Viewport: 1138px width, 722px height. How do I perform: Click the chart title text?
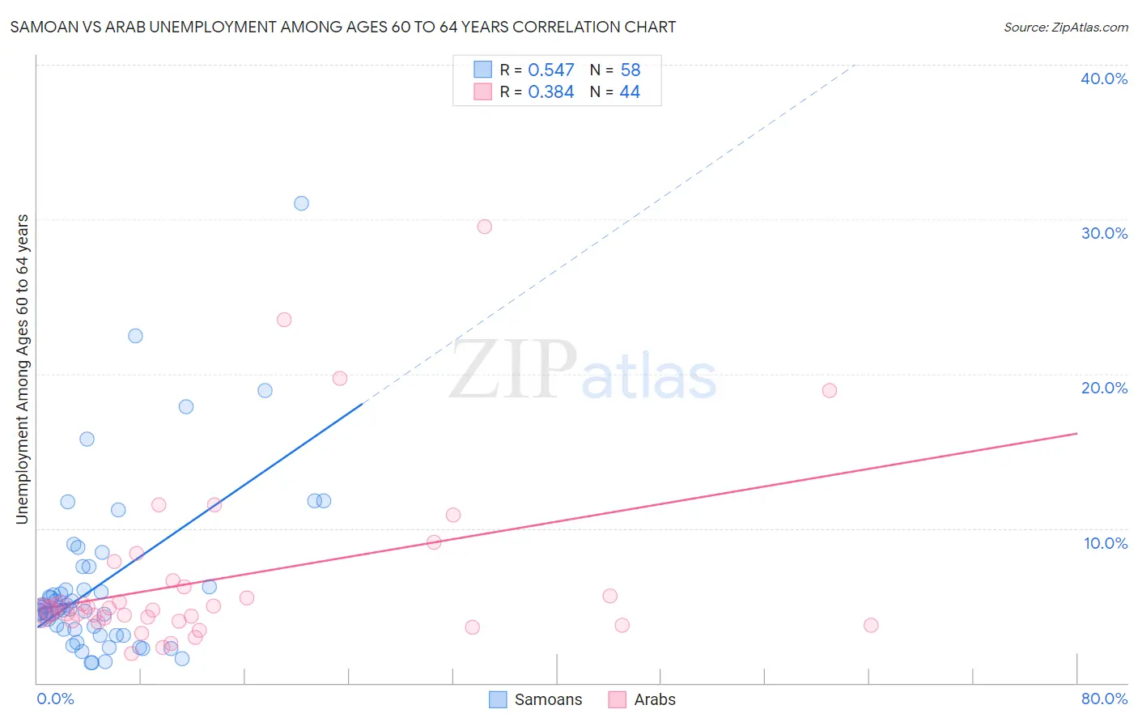(342, 27)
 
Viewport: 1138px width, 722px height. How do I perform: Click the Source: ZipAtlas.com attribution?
(1065, 28)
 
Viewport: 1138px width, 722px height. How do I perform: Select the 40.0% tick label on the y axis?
(1104, 79)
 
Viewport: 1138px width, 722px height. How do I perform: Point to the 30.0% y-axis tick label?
(1104, 233)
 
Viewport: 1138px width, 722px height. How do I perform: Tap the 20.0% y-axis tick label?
(1104, 388)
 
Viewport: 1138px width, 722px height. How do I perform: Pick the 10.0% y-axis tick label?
(1106, 543)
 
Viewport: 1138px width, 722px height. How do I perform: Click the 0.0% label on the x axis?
(55, 699)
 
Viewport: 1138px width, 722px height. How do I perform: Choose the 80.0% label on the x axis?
(1104, 699)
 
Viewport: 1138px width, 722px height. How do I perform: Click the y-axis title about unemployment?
(23, 369)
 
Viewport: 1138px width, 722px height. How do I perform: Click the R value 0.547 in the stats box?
(551, 70)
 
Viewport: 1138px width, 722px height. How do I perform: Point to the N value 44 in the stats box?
(630, 92)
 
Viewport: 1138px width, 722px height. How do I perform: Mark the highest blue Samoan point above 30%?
(301, 203)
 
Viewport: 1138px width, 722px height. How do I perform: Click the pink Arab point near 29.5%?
(484, 227)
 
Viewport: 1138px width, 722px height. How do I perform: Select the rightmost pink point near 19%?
(829, 390)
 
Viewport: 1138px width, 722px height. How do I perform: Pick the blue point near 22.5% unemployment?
(135, 336)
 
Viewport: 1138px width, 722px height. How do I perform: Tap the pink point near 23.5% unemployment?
(284, 320)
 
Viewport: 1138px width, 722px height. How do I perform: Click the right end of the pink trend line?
(1076, 434)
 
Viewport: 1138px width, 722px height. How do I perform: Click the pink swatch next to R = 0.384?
(483, 91)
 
